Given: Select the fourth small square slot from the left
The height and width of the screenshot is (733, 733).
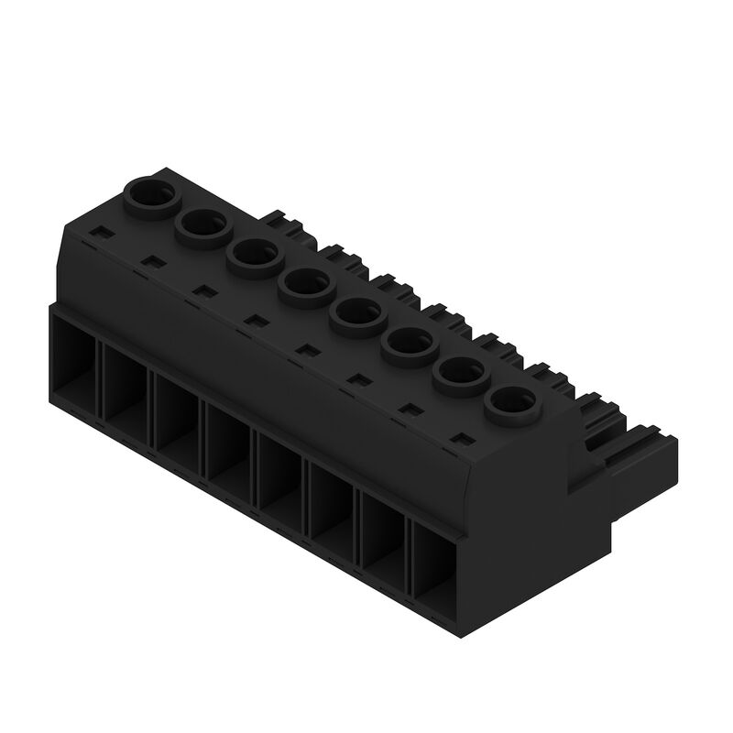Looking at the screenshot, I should tap(257, 321).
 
